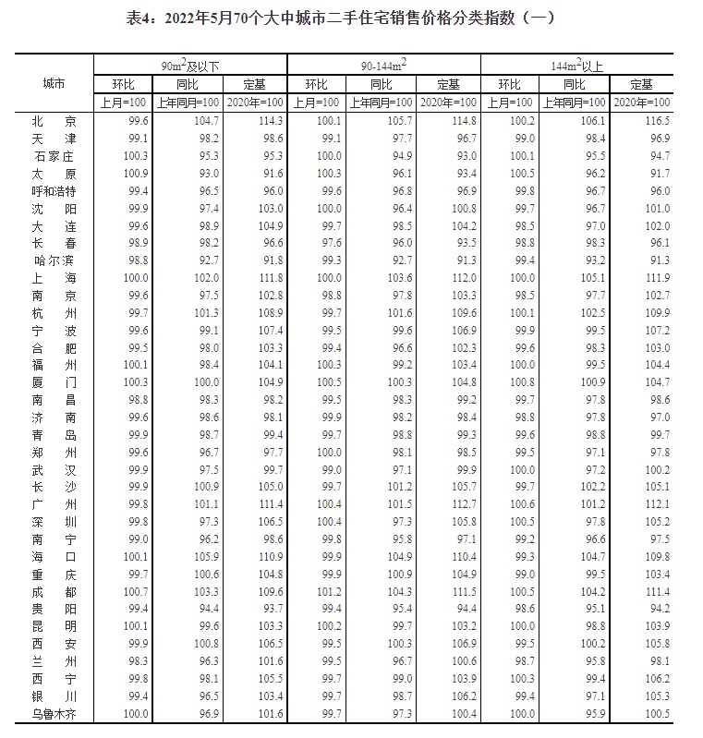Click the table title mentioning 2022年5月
(x=350, y=18)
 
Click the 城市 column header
(x=54, y=83)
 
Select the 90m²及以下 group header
(x=190, y=66)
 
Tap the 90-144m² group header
(x=383, y=66)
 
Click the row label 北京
(x=54, y=121)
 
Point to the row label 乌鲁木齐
(x=54, y=713)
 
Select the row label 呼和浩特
(x=54, y=190)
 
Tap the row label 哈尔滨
(x=54, y=260)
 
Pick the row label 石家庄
(x=54, y=156)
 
